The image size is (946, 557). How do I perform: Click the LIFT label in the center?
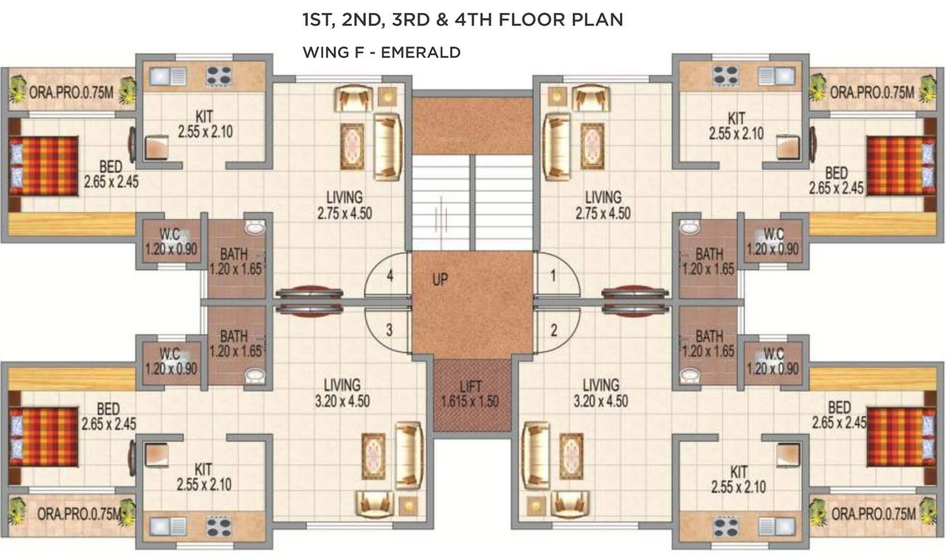pyautogui.click(x=470, y=394)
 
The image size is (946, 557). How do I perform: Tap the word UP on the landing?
pyautogui.click(x=440, y=279)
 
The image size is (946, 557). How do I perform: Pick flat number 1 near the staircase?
pyautogui.click(x=553, y=276)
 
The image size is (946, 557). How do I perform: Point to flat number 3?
pyautogui.click(x=389, y=330)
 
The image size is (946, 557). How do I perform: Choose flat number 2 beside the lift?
pyautogui.click(x=554, y=331)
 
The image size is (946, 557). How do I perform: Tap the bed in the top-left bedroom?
pyautogui.click(x=44, y=166)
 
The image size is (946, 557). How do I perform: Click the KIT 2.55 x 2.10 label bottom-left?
pyautogui.click(x=204, y=478)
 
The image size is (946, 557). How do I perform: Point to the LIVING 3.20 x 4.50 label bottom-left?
pyautogui.click(x=343, y=393)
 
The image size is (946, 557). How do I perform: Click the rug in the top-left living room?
pyautogui.click(x=352, y=146)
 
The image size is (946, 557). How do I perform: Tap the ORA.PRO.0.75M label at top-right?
pyautogui.click(x=872, y=92)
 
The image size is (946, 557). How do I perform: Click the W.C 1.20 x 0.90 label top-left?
pyautogui.click(x=171, y=242)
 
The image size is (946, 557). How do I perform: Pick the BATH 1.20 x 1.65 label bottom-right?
pyautogui.click(x=709, y=344)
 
